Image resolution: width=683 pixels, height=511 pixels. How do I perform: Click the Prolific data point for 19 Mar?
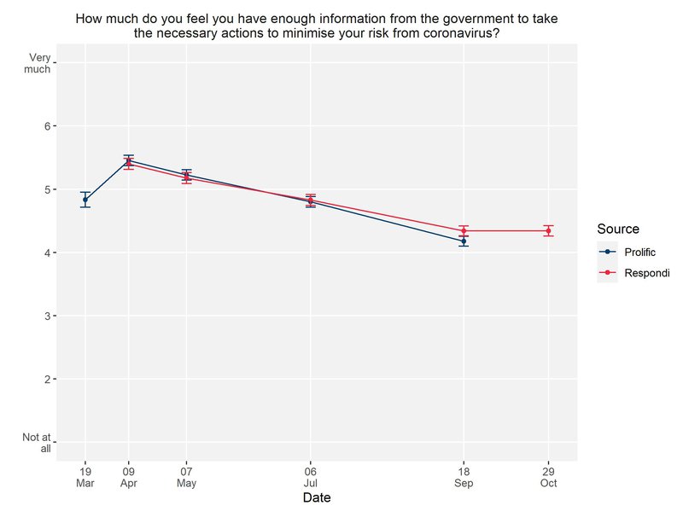point(85,200)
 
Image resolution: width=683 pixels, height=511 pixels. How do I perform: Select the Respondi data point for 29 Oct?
point(548,230)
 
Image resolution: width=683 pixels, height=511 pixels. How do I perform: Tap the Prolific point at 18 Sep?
point(464,241)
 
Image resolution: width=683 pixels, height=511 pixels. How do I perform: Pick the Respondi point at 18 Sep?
point(464,230)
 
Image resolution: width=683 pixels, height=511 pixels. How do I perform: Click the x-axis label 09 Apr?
point(129,477)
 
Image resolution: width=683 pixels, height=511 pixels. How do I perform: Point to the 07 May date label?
point(186,477)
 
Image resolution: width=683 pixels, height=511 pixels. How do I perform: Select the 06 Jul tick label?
point(311,477)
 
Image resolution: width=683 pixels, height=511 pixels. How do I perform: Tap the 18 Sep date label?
point(464,477)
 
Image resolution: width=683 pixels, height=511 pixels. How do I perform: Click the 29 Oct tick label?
point(548,477)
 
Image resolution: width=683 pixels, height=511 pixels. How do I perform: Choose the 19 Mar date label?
point(85,477)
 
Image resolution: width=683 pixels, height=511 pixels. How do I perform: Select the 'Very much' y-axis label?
point(39,63)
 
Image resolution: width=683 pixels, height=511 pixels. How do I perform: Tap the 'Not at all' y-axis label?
point(39,443)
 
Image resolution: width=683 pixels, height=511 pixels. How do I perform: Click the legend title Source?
point(618,229)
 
